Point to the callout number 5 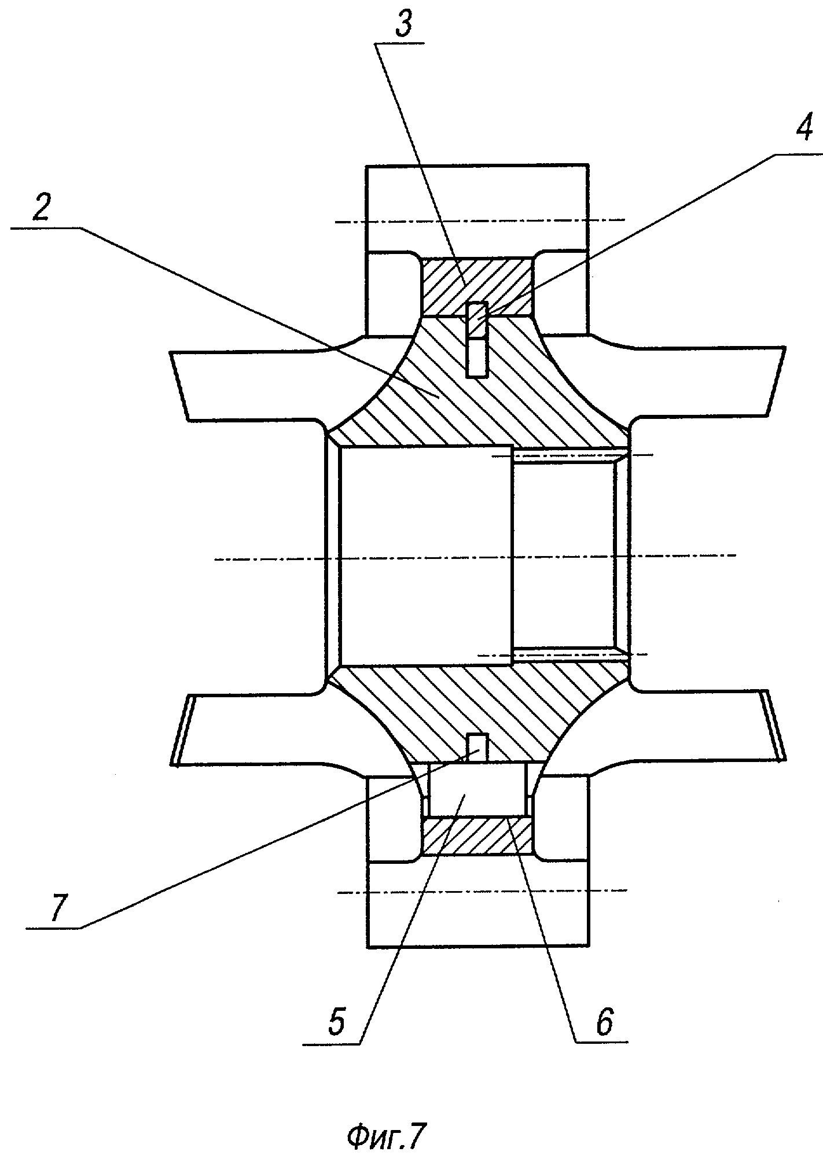pos(336,1023)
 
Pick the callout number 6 pos(602,1023)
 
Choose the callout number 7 pos(59,907)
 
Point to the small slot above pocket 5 pos(477,746)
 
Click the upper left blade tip pos(179,385)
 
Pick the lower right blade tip pos(776,723)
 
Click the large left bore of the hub pos(425,555)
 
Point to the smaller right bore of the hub pos(564,555)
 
